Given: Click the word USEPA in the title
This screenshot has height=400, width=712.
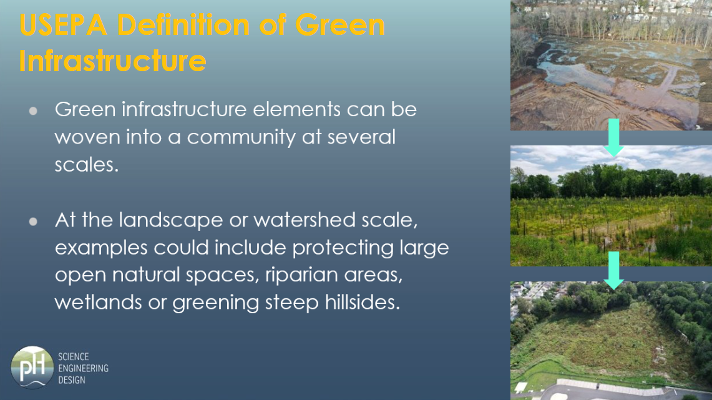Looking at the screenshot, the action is pos(63,24).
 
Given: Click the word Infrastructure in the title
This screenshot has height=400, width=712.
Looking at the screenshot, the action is pos(112,61).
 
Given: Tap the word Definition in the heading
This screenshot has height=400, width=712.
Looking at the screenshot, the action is pos(183,24).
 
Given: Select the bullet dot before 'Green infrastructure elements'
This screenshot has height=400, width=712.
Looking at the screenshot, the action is pos(33,111).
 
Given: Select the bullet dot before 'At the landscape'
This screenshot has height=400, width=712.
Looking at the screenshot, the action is pos(33,222).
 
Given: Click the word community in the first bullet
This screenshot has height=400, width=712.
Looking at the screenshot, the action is pos(241,137).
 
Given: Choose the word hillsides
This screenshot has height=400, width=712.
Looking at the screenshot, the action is pos(363,303).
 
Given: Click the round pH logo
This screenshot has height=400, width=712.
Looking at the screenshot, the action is pos(32,368).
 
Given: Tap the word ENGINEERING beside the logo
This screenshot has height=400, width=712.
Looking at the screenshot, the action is pos(83,368).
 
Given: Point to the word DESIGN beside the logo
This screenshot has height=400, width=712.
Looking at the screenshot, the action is pos(72,380).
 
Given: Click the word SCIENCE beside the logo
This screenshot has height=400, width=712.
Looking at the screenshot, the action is pos(74,356).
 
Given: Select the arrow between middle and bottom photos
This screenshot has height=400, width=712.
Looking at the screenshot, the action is pos(614,271).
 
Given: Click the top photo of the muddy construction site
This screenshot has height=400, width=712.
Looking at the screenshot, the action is pos(611,66).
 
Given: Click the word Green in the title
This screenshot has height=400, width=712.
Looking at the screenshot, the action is pos(340,24).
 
